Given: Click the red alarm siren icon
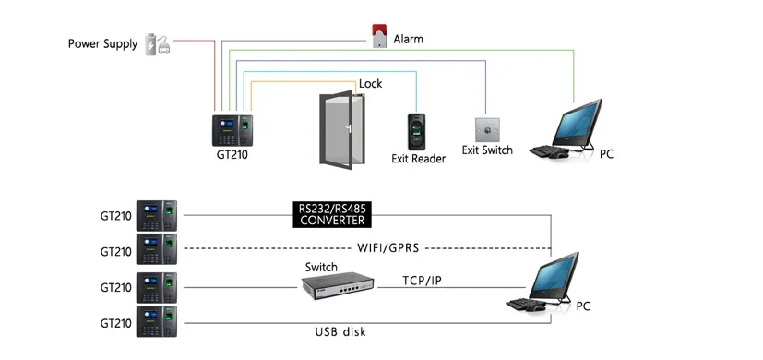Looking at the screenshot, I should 377,35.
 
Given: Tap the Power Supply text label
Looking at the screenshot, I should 102,43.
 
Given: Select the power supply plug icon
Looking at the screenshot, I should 157,43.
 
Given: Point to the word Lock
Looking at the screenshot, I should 370,84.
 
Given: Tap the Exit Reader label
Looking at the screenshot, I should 418,159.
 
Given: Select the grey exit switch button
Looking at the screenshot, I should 486,128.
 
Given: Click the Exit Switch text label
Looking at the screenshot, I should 486,150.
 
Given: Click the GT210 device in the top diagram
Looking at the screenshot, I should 233,129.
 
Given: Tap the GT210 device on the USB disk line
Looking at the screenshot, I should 156,321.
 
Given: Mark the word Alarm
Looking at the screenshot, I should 409,40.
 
